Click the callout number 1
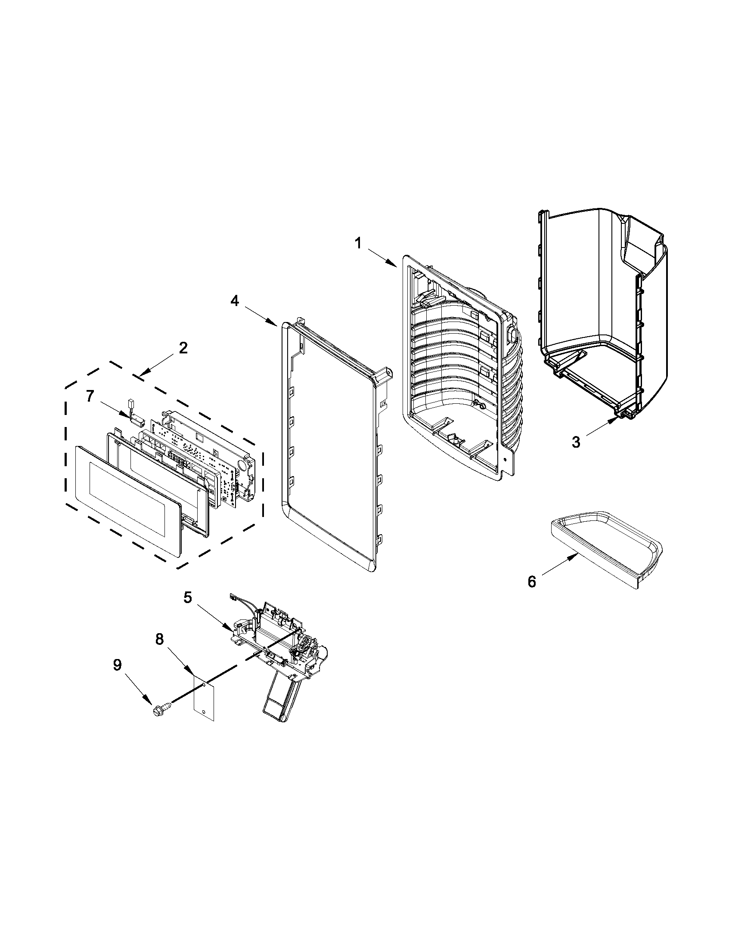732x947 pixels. coord(358,244)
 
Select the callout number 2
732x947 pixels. coord(183,348)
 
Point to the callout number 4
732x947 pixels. coord(235,301)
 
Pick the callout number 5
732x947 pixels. coord(187,597)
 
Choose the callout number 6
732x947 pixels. coord(532,582)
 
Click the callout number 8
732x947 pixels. coord(160,639)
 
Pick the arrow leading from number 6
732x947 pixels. coord(559,565)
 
